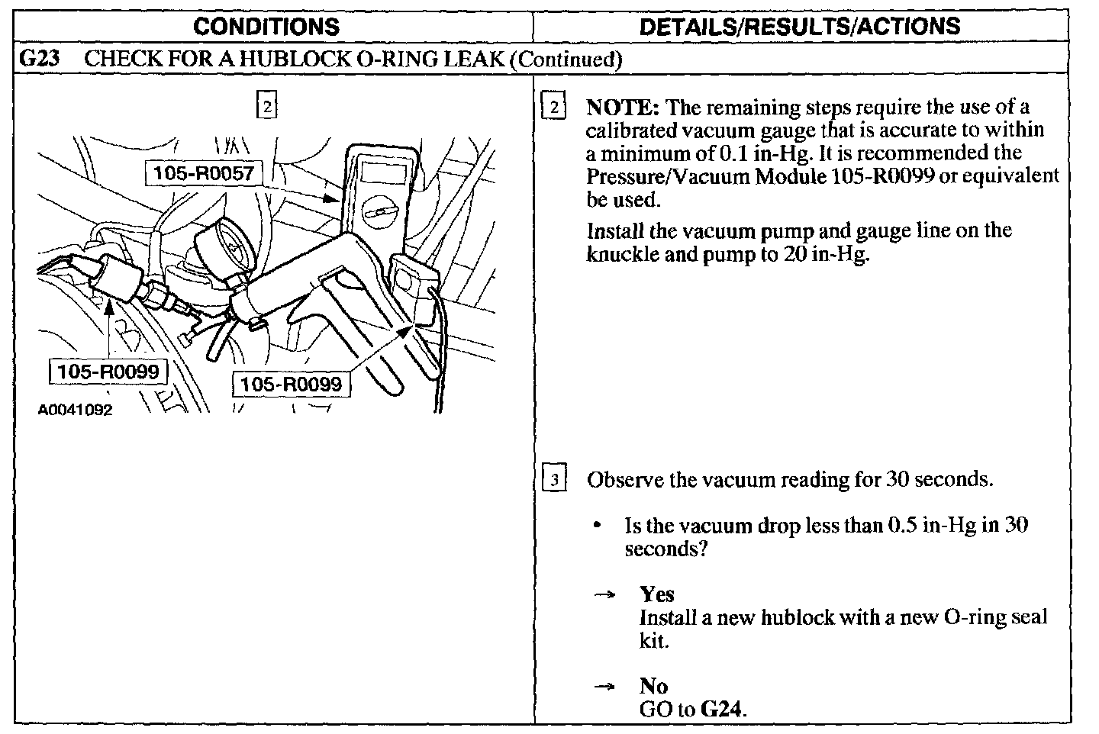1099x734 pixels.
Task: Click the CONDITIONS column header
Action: [x=266, y=27]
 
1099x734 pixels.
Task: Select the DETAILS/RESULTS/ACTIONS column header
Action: [x=799, y=27]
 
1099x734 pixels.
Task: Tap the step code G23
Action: [x=38, y=59]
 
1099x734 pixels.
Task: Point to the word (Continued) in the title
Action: [x=565, y=59]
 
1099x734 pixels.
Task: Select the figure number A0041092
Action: [x=75, y=410]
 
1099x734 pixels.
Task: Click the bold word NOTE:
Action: [x=622, y=108]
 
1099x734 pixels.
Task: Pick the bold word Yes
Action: [x=656, y=594]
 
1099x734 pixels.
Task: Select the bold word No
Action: [x=653, y=686]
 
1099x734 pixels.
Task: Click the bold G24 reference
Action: [x=720, y=709]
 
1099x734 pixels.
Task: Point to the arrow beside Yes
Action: [x=604, y=594]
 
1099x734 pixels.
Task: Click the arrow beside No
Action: [x=604, y=687]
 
